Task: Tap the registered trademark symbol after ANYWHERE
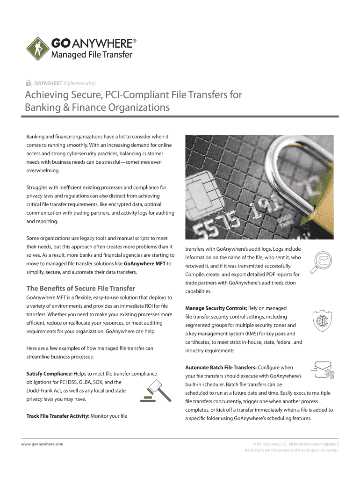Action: pos(135,41)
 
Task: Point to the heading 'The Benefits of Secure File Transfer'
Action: pos(81,288)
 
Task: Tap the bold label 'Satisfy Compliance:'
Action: pos(49,373)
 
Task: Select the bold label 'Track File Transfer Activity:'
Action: pos(58,416)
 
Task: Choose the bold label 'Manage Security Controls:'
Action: pos(216,308)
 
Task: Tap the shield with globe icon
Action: pos(322,321)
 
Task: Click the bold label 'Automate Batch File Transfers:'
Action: pos(221,367)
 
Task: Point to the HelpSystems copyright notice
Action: pos(292,447)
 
